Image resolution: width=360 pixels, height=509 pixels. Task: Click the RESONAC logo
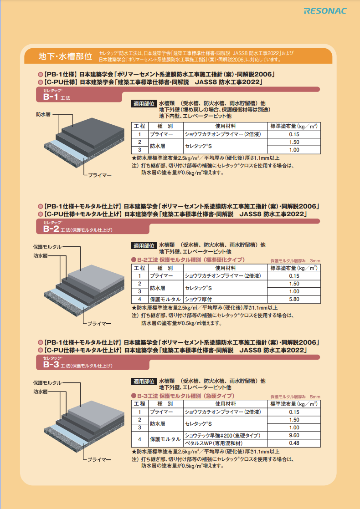pyautogui.click(x=325, y=11)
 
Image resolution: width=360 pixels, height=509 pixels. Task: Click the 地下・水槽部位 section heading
pyautogui.click(x=65, y=56)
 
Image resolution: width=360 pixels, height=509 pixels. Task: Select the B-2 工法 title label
pyautogui.click(x=77, y=229)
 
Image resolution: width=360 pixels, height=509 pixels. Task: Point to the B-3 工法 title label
pyautogui.click(x=77, y=365)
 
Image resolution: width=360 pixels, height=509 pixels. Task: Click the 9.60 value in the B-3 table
pyautogui.click(x=294, y=435)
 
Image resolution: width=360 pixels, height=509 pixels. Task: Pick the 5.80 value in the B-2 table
pyautogui.click(x=294, y=299)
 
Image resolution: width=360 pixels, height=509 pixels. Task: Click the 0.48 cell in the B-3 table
pyautogui.click(x=294, y=443)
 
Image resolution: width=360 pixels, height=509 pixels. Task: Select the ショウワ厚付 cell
pyautogui.click(x=198, y=299)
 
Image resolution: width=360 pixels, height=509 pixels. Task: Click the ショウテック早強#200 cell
pyautogui.click(x=222, y=435)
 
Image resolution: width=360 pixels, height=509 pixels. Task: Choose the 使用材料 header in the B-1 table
pyautogui.click(x=225, y=126)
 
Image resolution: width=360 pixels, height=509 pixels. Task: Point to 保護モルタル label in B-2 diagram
pyautogui.click(x=47, y=247)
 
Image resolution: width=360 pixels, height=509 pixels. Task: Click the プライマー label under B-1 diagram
pyautogui.click(x=99, y=175)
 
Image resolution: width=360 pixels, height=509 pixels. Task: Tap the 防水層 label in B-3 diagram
pyautogui.click(x=40, y=392)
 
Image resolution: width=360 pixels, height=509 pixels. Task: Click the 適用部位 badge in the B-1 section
pyautogui.click(x=144, y=104)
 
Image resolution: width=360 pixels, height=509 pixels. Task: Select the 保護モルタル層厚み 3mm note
pyautogui.click(x=295, y=261)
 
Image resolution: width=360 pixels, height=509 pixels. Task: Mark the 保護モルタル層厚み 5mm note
pyautogui.click(x=295, y=397)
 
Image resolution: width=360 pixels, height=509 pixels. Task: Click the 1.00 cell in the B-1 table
pyautogui.click(x=294, y=150)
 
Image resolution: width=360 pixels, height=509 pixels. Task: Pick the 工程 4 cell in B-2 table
pyautogui.click(x=140, y=299)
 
